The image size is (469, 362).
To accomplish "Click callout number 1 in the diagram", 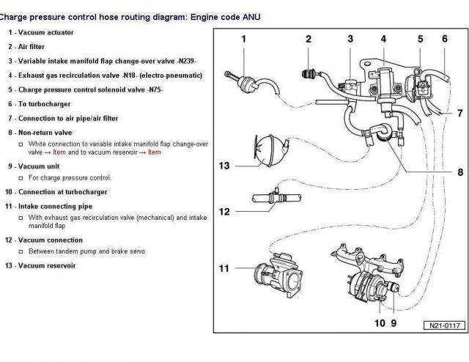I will pyautogui.click(x=243, y=38).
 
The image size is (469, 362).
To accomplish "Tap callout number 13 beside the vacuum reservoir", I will pyautogui.click(x=224, y=166).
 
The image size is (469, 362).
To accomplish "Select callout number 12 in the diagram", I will pyautogui.click(x=224, y=212).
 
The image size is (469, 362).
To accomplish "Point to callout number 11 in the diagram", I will pyautogui.click(x=224, y=268).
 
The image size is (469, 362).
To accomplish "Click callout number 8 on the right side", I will pyautogui.click(x=459, y=172).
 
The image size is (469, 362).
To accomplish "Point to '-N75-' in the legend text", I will pyautogui.click(x=154, y=89).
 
